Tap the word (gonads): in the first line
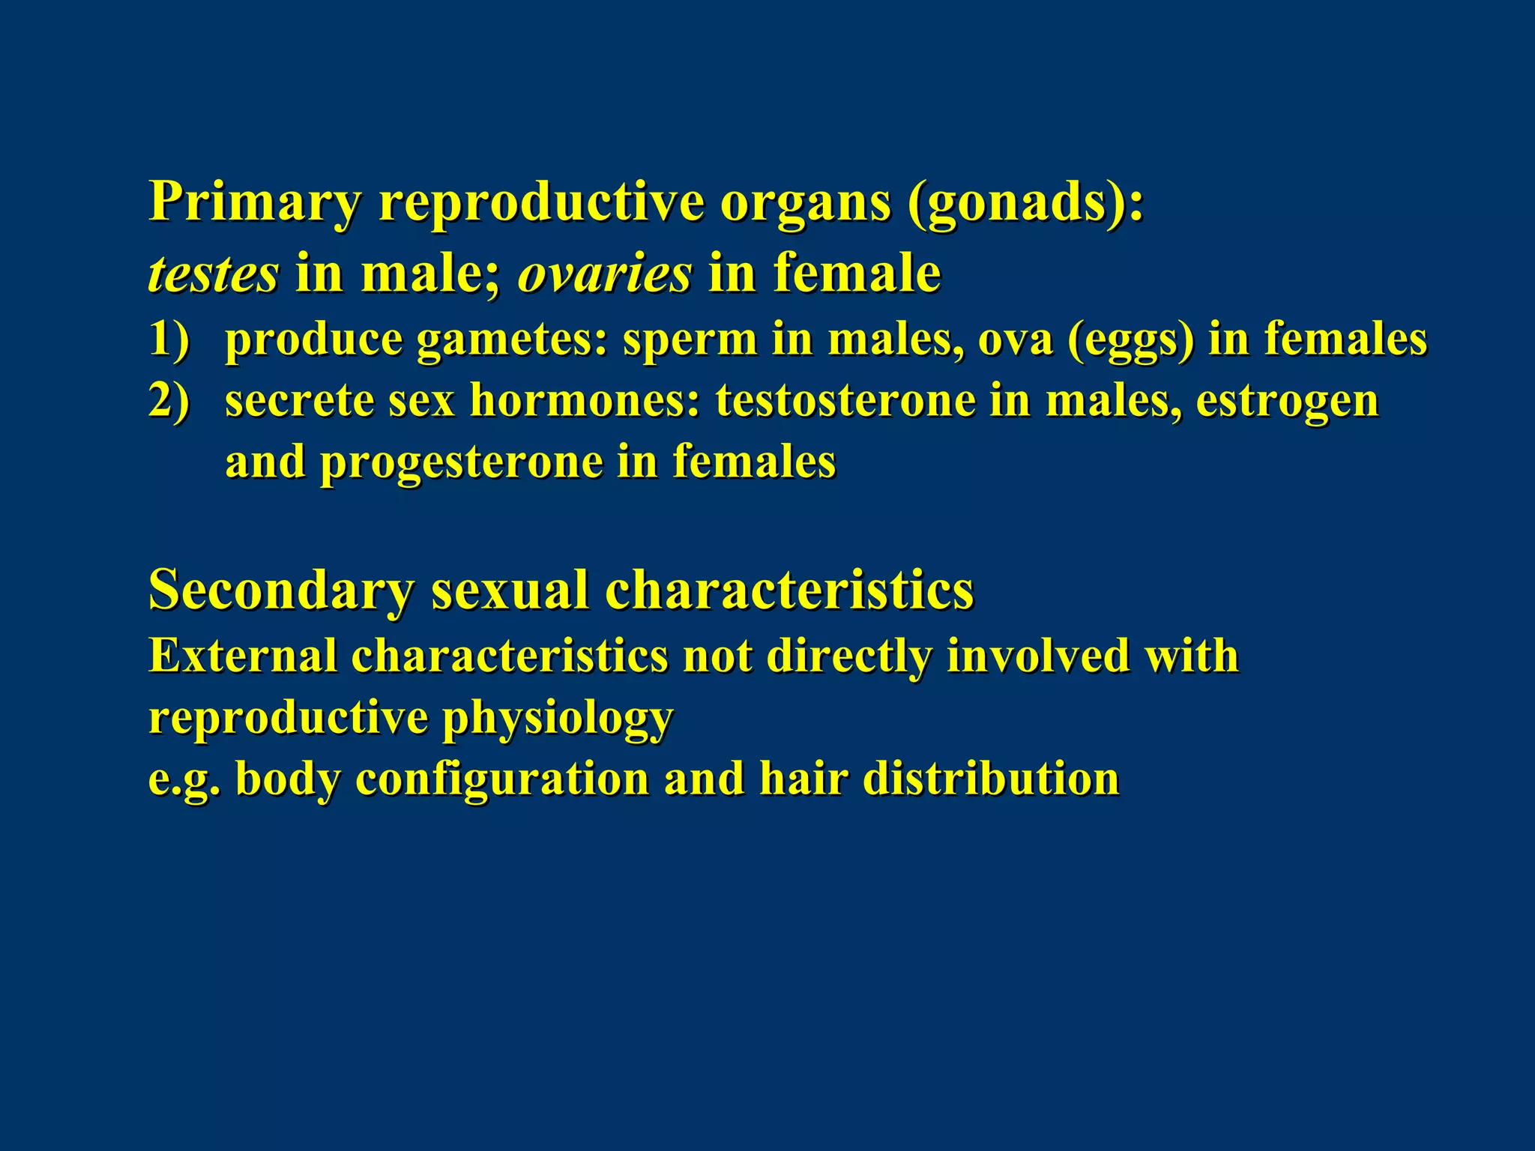click(1025, 202)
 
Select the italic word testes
click(214, 274)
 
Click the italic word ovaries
click(604, 274)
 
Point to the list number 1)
click(169, 339)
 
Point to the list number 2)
click(169, 401)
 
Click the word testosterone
click(845, 401)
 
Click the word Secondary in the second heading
click(281, 590)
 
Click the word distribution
click(991, 779)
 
